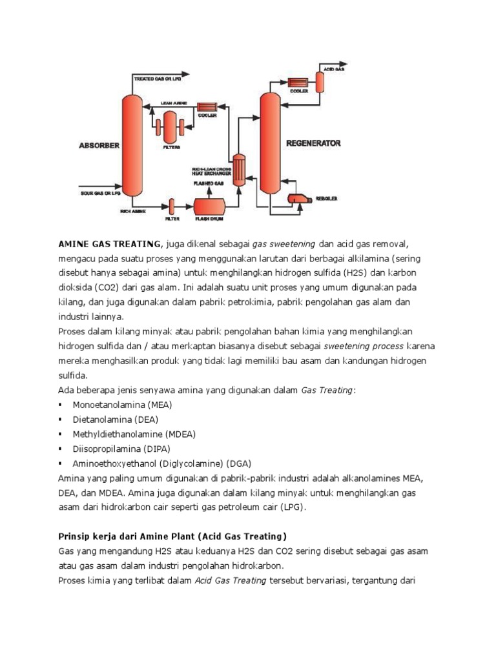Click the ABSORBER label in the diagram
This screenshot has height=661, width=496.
click(x=99, y=146)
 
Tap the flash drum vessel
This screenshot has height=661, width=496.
click(x=210, y=207)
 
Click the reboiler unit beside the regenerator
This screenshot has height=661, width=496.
click(x=299, y=199)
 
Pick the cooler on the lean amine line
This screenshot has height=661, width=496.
click(x=206, y=108)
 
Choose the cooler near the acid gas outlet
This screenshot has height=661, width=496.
click(x=297, y=83)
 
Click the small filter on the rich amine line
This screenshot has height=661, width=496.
click(x=172, y=207)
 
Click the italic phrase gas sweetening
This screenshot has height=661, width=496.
click(x=284, y=243)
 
